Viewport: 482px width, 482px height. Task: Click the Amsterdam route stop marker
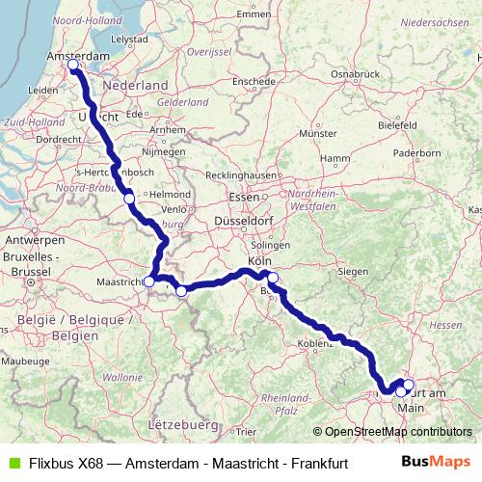[x=73, y=66]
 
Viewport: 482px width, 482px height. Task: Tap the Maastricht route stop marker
[x=149, y=281]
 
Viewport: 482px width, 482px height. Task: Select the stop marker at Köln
[x=273, y=279]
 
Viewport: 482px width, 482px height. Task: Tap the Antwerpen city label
[x=28, y=239]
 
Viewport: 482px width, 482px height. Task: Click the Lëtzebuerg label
[x=182, y=423]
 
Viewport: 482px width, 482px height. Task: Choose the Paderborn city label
[x=416, y=151]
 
